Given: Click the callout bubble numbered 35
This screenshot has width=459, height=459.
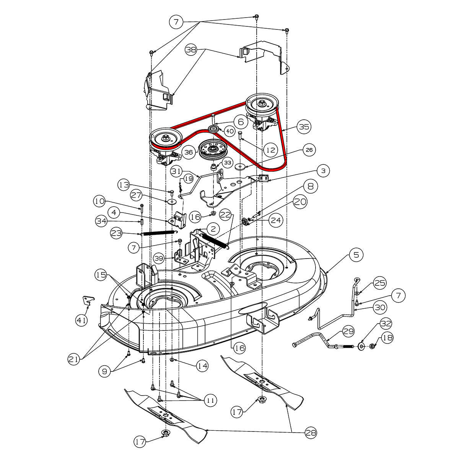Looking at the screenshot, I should pos(305,127).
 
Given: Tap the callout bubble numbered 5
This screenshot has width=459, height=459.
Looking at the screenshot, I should pos(356,255).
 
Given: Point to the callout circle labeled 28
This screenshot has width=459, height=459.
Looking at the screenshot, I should pos(311,433).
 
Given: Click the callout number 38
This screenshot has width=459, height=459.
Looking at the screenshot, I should pos(191,49).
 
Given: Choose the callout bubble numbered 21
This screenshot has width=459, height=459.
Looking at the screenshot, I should pos(74,359).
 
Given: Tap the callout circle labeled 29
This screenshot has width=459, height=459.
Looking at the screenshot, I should pos(348,332).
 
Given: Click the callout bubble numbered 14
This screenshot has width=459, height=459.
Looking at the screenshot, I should pos(202,366).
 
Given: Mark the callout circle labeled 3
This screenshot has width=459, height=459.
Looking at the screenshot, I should pos(323,171).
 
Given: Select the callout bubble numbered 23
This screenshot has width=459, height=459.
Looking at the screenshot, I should pos(116,233).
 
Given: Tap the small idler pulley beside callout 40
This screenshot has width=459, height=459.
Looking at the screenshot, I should pos(214,128).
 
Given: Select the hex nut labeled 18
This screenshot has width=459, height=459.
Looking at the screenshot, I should pos(371,346).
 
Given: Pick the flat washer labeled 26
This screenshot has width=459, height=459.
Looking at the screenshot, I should pos(241,166).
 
